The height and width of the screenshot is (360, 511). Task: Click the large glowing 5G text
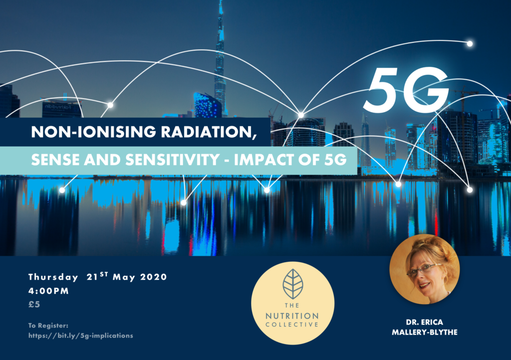[406, 90]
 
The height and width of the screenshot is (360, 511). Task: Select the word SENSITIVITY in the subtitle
[172, 160]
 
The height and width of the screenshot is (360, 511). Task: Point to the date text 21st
[97, 276]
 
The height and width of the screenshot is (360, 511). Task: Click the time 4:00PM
[48, 291]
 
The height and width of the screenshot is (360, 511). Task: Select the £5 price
[34, 304]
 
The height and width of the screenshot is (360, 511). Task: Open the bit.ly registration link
[81, 336]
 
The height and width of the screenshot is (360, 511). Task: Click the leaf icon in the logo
[292, 284]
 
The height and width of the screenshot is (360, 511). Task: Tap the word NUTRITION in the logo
[292, 316]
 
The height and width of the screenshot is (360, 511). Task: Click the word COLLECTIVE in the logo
[292, 325]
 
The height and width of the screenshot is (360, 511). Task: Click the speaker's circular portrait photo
[425, 269]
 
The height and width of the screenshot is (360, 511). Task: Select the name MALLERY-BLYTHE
[425, 333]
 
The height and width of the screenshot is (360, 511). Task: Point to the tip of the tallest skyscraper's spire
[221, 1]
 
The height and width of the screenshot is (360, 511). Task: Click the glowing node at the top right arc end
[470, 43]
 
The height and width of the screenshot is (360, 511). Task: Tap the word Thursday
[53, 277]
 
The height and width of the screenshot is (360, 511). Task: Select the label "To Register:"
[48, 326]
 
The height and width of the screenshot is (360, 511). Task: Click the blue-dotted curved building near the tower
[208, 105]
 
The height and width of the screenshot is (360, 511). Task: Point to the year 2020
[154, 277]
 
